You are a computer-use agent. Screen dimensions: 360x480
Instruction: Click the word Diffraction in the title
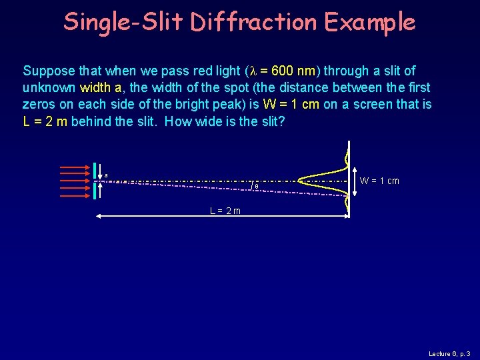pos(254,22)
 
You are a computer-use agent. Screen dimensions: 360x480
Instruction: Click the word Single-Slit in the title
pos(123,22)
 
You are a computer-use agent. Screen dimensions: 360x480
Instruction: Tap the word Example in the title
pos(370,22)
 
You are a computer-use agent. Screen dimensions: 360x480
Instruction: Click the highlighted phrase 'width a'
pos(101,87)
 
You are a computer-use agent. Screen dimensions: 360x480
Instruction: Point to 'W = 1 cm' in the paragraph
pos(292,104)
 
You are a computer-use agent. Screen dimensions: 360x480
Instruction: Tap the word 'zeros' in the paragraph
pos(37,104)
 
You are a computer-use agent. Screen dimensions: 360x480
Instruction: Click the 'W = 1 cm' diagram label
pos(379,181)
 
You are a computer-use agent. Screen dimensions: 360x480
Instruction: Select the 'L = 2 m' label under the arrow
pos(225,211)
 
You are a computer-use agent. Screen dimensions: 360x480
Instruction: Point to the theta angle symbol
pos(257,187)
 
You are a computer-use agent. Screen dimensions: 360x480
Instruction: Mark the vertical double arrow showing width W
pos(353,181)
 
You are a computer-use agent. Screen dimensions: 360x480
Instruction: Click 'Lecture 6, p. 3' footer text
pos(449,353)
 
